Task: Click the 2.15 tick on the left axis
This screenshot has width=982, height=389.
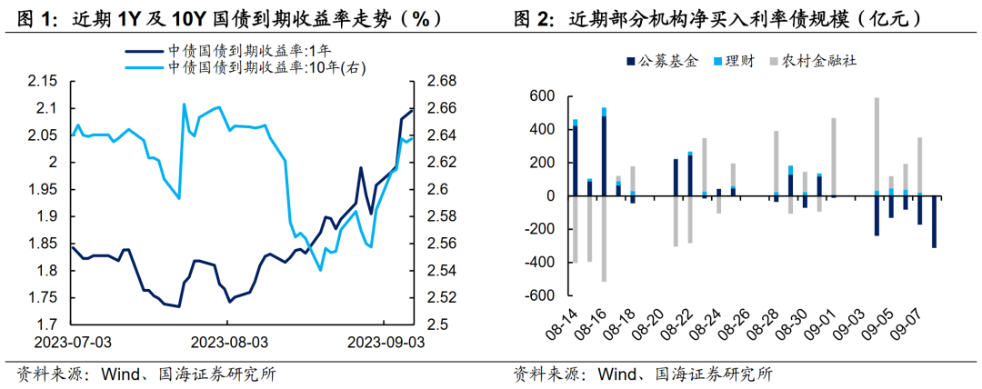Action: coord(44,82)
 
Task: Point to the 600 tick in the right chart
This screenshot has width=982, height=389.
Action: coord(542,96)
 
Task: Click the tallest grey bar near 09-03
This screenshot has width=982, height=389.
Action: coord(877,145)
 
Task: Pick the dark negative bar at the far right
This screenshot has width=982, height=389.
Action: coord(934,222)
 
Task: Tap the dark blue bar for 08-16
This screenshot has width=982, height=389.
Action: coord(604,155)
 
